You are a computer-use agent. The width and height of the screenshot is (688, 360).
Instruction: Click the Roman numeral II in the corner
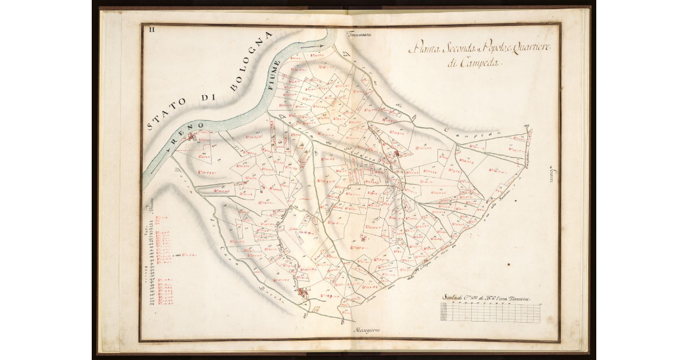pos(151,29)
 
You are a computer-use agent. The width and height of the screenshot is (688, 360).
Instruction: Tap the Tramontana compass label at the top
pos(359,35)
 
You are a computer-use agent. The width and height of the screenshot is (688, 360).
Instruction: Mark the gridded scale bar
pos(490,312)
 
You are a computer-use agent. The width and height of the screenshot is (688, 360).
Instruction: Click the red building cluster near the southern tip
pos(303,294)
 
